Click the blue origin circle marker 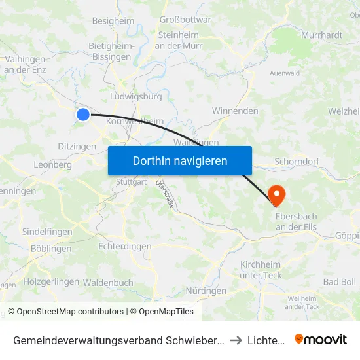click(x=83, y=115)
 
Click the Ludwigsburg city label click(x=137, y=96)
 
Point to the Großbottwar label click(x=185, y=20)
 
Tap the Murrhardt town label click(x=321, y=35)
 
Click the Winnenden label click(x=235, y=111)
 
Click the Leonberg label click(x=52, y=165)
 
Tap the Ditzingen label click(x=77, y=147)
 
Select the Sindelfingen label click(x=47, y=232)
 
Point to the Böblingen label click(x=51, y=249)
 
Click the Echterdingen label click(x=124, y=247)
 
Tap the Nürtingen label click(x=206, y=291)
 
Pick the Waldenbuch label click(x=109, y=283)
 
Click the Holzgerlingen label click(x=50, y=281)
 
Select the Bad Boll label click(x=340, y=281)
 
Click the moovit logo click(x=321, y=339)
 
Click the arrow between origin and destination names click(x=236, y=340)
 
